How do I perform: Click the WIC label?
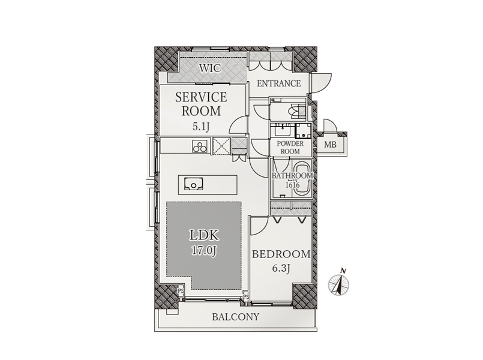210,68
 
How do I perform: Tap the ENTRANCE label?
278,83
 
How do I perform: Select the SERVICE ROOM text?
201,104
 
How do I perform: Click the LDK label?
203,236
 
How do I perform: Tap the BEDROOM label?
281,254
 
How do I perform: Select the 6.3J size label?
281,269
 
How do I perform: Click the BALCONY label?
236,317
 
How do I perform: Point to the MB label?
330,145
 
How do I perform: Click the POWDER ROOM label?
290,148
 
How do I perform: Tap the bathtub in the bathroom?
302,178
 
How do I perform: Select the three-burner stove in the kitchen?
200,146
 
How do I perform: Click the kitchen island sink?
193,184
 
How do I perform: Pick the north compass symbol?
338,283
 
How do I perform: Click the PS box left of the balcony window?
181,290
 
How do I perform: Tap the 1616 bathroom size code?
292,185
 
